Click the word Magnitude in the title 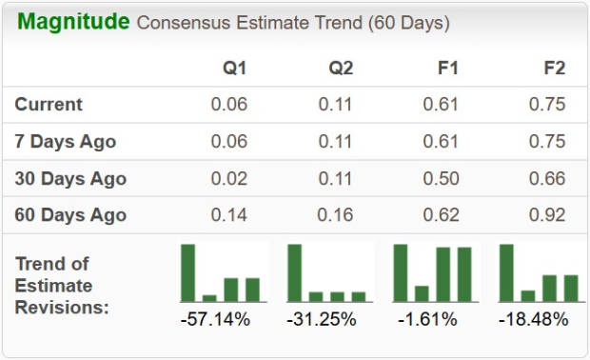tap(73, 22)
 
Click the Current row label tap(49, 105)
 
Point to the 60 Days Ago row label tap(70, 215)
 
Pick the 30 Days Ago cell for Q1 tap(229, 179)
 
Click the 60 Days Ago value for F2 tap(548, 215)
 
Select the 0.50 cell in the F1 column tap(442, 179)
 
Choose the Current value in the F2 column tap(548, 105)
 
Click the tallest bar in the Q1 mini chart tap(188, 272)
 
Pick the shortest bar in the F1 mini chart tap(422, 293)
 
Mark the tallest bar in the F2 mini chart tap(506, 272)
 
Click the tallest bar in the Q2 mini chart tap(295, 272)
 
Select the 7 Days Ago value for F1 tap(442, 142)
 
